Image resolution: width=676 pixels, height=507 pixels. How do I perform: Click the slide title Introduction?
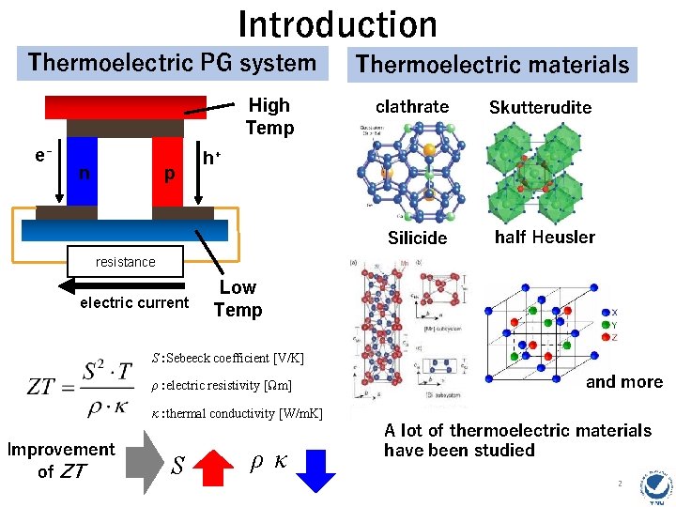point(337,23)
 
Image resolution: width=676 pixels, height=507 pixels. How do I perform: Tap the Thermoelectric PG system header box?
point(172,63)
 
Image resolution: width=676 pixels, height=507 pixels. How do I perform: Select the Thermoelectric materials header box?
point(493,65)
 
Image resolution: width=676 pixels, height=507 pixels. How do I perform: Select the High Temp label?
point(269,116)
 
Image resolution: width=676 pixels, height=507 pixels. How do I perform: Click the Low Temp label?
point(238,299)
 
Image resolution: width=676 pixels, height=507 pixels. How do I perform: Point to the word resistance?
point(125,262)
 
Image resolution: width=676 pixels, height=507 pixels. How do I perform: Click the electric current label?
point(134,302)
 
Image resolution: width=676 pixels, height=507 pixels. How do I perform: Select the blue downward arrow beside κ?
point(321,468)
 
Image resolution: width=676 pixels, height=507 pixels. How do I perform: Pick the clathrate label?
point(412,106)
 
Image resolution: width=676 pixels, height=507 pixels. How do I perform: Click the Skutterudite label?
point(540,107)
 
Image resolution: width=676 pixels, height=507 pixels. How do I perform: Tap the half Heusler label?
point(545,237)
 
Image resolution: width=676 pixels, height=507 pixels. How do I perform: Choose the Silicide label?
point(417,238)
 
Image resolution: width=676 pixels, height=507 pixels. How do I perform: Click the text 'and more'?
point(624,381)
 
